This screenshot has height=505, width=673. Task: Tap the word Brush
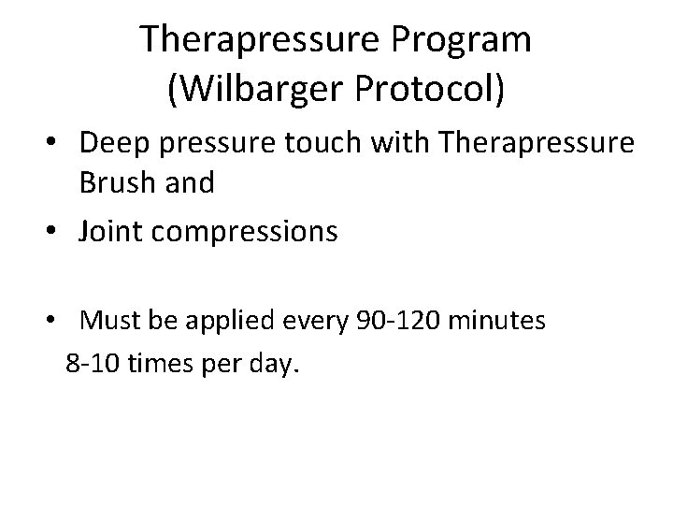(117, 181)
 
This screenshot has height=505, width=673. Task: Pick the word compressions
(250, 230)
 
